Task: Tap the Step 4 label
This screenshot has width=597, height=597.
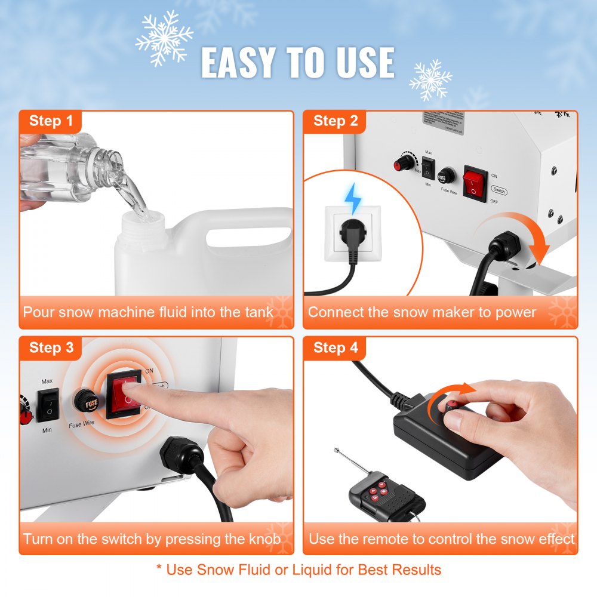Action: click(336, 347)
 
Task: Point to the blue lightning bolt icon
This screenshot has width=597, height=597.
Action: click(354, 197)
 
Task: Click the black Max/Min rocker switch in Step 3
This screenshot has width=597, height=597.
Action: click(48, 402)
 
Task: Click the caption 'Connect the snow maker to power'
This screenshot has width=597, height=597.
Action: click(422, 312)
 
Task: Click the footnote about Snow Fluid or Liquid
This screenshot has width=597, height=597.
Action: click(298, 570)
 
